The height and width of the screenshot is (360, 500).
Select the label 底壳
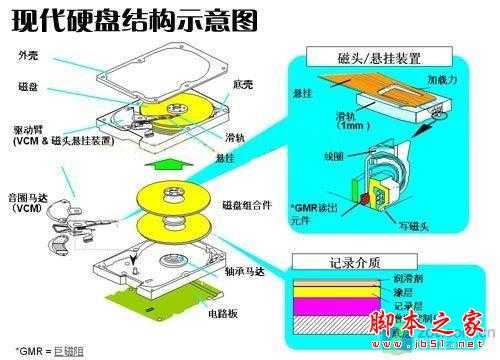(x=240, y=84)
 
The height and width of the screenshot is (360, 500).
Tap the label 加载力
(x=443, y=78)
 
